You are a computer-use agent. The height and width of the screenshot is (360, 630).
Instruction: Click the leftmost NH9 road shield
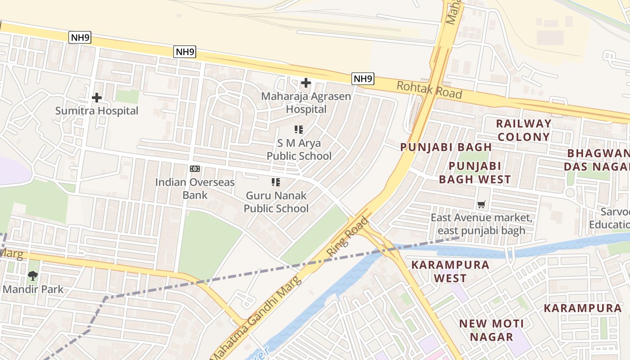click(x=80, y=37)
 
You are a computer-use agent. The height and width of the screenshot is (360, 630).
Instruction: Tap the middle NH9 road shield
click(x=185, y=52)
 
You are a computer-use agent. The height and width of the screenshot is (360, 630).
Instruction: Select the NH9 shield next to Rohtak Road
click(x=363, y=79)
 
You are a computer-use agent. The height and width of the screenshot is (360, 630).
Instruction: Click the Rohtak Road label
click(x=429, y=90)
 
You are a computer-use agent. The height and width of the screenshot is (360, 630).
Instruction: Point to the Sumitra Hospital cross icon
click(x=96, y=98)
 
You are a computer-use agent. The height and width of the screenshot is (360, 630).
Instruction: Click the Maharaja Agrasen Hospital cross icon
click(x=306, y=83)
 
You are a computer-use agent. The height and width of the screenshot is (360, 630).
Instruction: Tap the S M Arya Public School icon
click(x=299, y=130)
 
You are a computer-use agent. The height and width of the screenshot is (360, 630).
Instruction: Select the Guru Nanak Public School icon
click(x=275, y=182)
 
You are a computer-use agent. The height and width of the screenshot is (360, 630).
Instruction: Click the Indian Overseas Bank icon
click(x=195, y=169)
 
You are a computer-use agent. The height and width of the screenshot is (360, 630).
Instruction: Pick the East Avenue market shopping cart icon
click(x=481, y=205)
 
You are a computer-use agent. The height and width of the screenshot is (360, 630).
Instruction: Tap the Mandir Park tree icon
click(x=32, y=276)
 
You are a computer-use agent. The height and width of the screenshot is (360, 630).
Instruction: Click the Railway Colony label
click(x=523, y=130)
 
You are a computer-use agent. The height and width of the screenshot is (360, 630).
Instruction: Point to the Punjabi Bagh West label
click(x=475, y=173)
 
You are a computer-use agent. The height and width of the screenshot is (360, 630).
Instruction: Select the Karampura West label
click(x=450, y=271)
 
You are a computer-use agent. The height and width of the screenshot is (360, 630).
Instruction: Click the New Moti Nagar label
click(x=491, y=330)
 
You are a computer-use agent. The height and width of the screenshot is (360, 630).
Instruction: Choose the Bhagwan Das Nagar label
click(x=598, y=160)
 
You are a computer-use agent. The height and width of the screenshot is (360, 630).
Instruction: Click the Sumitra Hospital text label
click(x=97, y=111)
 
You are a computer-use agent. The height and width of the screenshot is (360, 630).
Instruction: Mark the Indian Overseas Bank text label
click(x=195, y=189)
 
